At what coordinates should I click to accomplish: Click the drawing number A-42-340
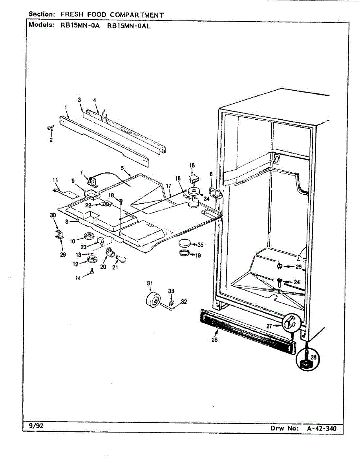point(322,428)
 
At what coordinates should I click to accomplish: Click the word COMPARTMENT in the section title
point(137,15)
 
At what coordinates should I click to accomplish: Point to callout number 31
point(149,283)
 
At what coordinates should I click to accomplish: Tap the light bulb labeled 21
point(118,257)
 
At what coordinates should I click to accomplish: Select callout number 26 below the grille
point(214,340)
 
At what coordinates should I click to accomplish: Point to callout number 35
point(201,245)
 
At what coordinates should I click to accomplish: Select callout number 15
point(192,166)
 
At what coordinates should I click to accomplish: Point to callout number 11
point(55,180)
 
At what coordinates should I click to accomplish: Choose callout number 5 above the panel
point(122,168)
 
